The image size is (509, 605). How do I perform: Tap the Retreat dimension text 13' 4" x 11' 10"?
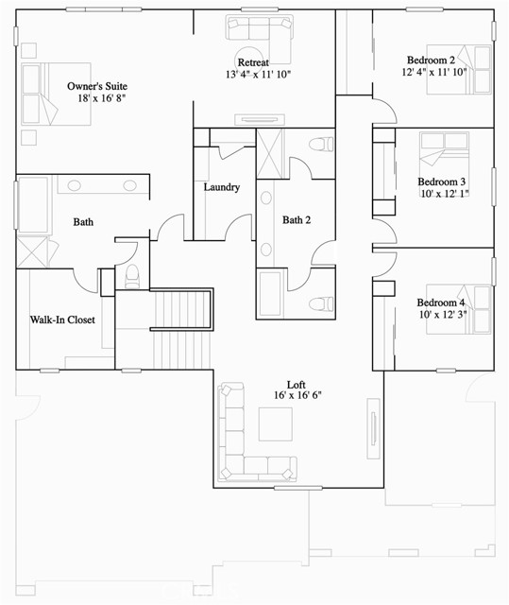pos(258,75)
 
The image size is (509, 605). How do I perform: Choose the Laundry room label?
pos(222,187)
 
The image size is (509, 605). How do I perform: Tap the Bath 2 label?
pos(297,220)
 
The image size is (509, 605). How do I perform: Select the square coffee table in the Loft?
pos(277,423)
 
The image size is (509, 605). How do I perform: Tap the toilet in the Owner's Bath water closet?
pos(132,275)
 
